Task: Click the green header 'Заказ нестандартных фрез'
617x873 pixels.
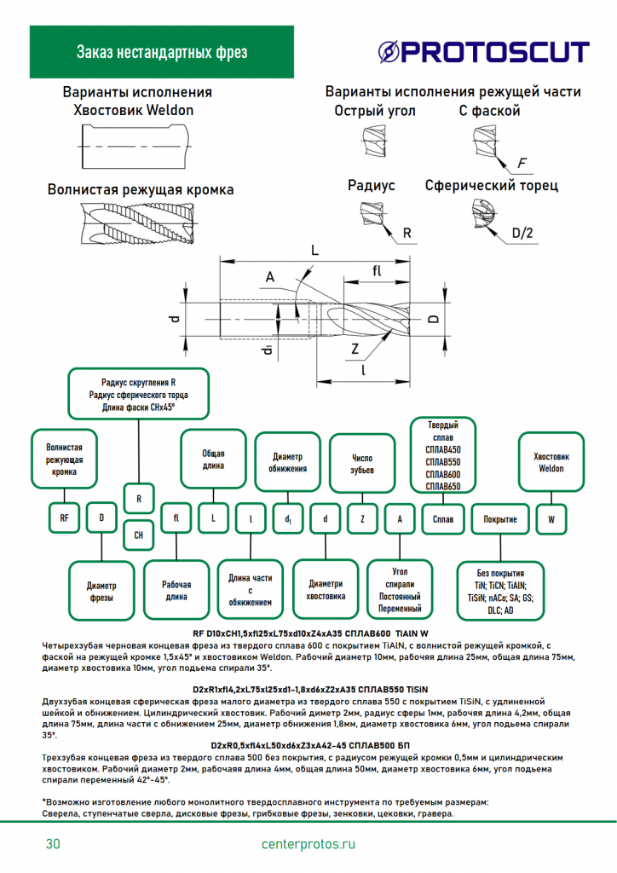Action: [162, 53]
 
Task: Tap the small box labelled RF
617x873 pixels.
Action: [64, 517]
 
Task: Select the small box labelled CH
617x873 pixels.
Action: [139, 535]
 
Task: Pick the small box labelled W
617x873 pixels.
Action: [551, 517]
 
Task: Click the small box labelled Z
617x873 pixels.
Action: [362, 517]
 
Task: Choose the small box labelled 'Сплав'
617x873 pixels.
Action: [443, 517]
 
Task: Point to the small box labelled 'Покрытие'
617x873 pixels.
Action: [500, 517]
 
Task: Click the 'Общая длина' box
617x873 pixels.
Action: [213, 460]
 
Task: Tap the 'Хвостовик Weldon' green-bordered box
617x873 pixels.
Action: [551, 462]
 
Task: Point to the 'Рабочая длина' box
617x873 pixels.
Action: [176, 591]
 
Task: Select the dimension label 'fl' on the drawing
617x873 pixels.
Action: [377, 271]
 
